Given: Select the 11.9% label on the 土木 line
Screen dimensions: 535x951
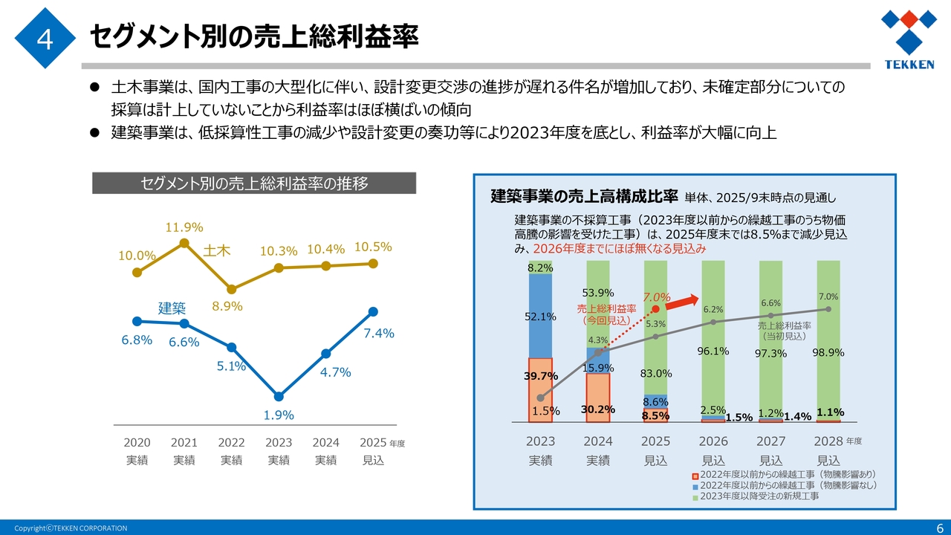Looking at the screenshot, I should pos(184,227).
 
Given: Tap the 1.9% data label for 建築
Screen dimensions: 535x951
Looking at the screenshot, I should pos(279,415).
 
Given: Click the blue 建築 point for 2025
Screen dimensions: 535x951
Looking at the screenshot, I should pos(373,311).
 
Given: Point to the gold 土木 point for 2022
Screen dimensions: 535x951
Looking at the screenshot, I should pos(231,289).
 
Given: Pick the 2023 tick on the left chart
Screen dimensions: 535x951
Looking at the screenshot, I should pos(279,443).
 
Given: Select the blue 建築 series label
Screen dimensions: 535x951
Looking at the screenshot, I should pos(172,308).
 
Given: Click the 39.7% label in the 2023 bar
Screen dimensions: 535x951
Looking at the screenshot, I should pos(540,376).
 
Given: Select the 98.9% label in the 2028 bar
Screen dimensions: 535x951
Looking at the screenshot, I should pos(828,352).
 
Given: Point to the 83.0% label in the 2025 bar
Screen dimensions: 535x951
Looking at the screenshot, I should pos(656,374).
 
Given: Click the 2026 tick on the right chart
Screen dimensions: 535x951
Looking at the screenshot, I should pos(713,441).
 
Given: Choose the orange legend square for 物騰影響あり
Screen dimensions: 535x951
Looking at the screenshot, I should pos(695,474).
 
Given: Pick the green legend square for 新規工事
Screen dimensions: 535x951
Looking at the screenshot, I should pos(695,496).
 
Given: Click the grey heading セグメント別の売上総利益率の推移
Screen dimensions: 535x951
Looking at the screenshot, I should pos(254,184).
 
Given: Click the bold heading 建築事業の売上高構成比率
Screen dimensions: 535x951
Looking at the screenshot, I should pos(584,197).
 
